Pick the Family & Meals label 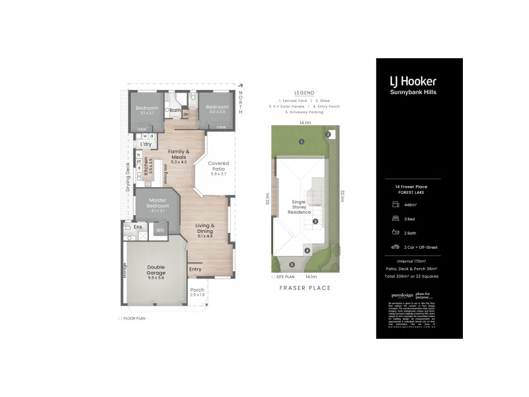pyautogui.click(x=179, y=154)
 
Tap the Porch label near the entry pyautogui.click(x=197, y=291)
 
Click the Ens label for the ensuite pyautogui.click(x=138, y=227)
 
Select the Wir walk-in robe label pyautogui.click(x=159, y=230)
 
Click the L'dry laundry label pyautogui.click(x=145, y=144)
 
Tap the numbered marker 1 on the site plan pyautogui.click(x=301, y=142)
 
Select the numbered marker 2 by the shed pyautogui.click(x=328, y=135)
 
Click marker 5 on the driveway pyautogui.click(x=291, y=265)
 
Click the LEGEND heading pyautogui.click(x=305, y=93)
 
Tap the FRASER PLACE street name pyautogui.click(x=305, y=288)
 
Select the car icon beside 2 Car pyautogui.click(x=395, y=247)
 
